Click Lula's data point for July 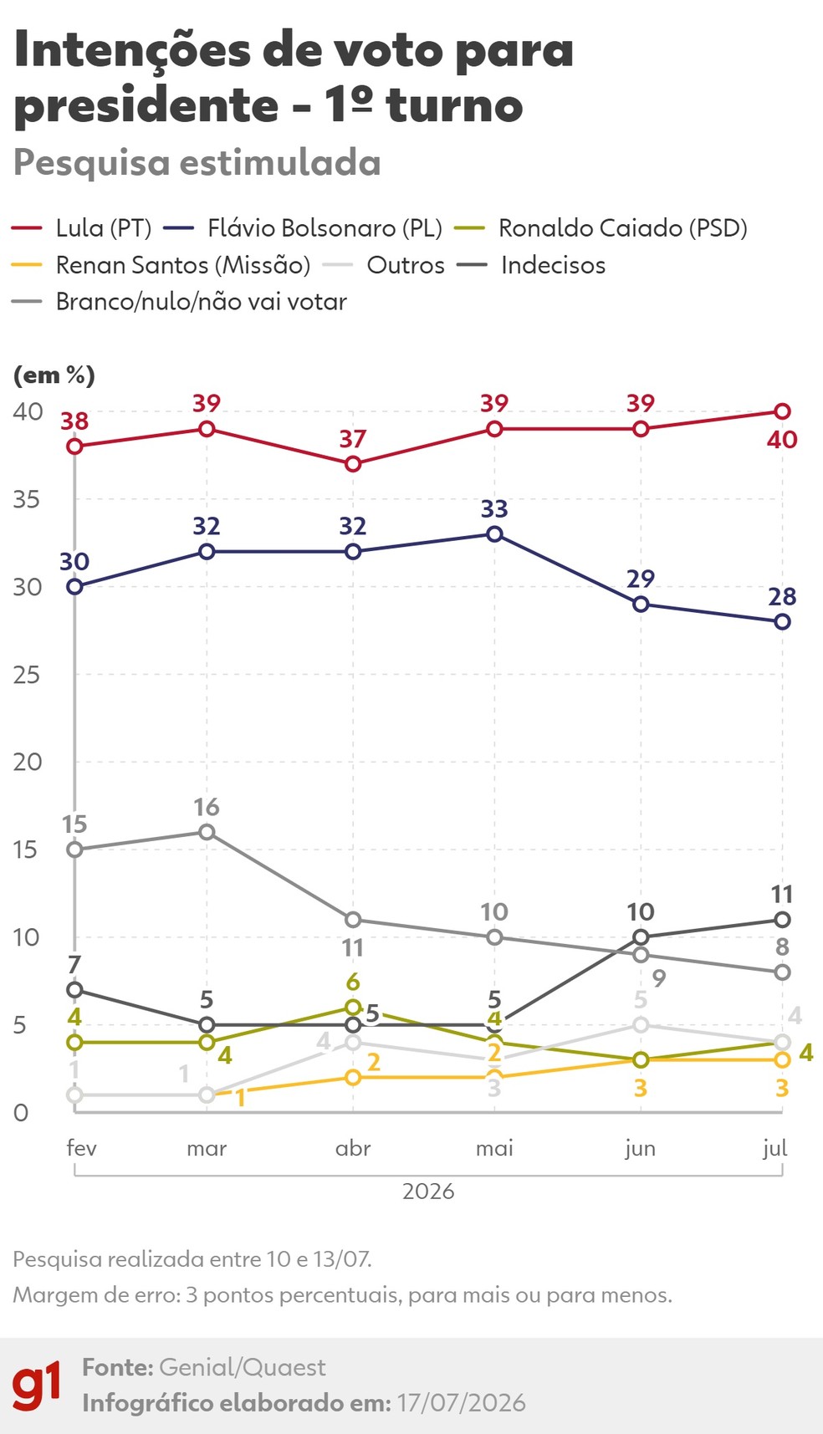(x=782, y=411)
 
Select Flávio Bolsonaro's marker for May (x=494, y=533)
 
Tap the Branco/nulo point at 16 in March (x=207, y=832)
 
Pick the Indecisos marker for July (x=782, y=920)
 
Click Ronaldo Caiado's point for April (x=353, y=1008)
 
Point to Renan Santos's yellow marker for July (x=782, y=1060)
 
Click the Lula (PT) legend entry (x=82, y=228)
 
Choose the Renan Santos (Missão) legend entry (x=161, y=265)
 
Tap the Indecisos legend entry (x=531, y=265)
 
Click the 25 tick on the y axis (x=27, y=675)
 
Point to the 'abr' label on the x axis (x=353, y=1148)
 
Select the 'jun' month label (x=641, y=1149)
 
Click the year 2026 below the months (x=428, y=1191)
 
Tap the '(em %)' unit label (x=54, y=375)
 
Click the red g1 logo (x=37, y=1385)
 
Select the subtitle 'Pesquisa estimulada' (x=197, y=163)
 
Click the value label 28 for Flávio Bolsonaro (x=782, y=597)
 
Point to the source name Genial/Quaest (x=243, y=1367)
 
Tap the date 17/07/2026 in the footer (x=462, y=1402)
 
